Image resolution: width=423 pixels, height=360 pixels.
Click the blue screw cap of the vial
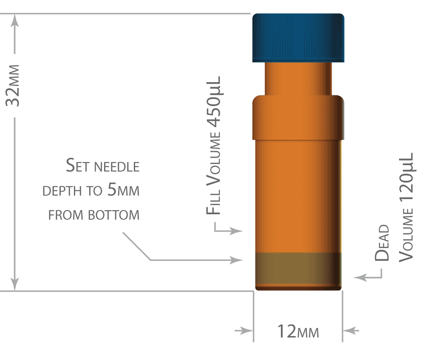click(x=298, y=38)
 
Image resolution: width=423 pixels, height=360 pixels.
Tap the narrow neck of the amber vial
click(x=298, y=79)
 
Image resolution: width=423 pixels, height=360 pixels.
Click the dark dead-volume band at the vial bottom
click(x=298, y=271)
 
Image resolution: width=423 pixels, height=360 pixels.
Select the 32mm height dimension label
click(x=13, y=85)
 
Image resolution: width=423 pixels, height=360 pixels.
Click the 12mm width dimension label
click(x=298, y=332)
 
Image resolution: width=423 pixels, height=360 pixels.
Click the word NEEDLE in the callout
click(x=117, y=167)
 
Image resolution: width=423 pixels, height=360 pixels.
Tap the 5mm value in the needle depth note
click(x=123, y=189)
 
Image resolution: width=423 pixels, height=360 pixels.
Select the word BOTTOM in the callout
click(x=114, y=215)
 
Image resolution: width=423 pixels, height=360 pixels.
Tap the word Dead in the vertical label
click(x=382, y=243)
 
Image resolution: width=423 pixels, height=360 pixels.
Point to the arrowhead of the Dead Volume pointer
click(x=360, y=277)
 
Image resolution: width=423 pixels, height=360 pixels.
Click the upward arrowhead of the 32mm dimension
click(x=15, y=21)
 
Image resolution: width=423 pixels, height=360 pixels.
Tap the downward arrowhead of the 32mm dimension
click(x=15, y=284)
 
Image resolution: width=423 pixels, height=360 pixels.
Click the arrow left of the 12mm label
click(x=244, y=330)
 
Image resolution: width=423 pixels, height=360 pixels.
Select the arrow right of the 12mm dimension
click(x=351, y=330)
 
